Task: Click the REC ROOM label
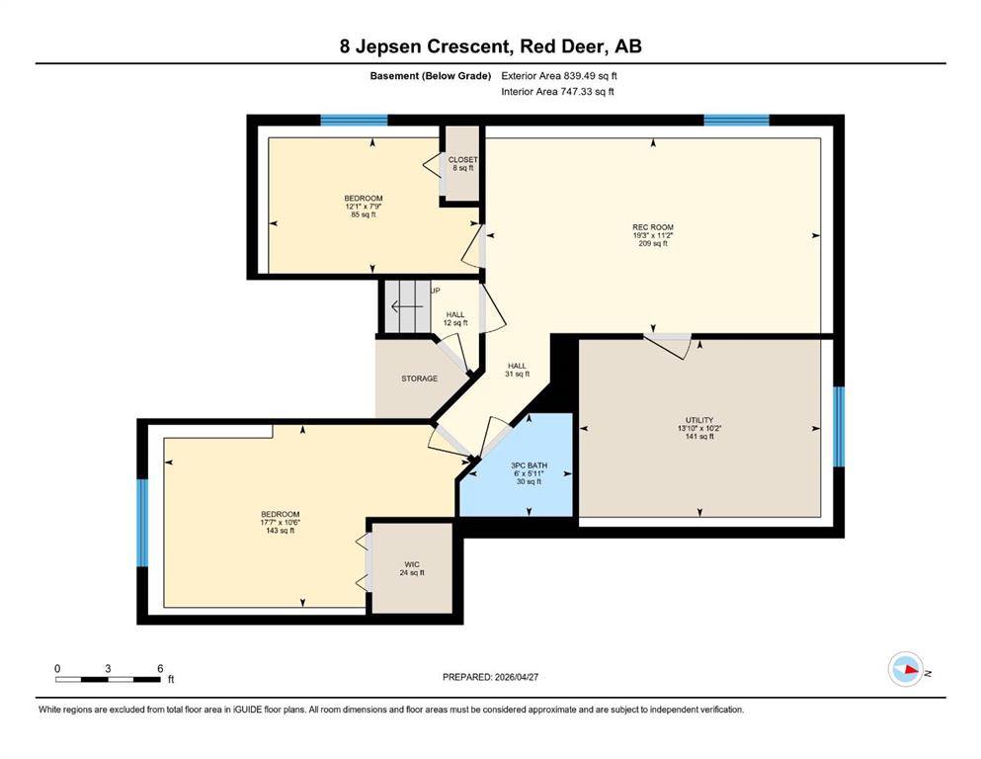[653, 227]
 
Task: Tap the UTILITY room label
[698, 420]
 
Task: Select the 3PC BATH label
[529, 465]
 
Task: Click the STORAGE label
[419, 379]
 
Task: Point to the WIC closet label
[412, 564]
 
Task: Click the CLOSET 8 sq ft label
[462, 164]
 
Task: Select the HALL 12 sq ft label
[455, 319]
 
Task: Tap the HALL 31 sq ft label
[517, 370]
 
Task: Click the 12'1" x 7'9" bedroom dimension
[363, 207]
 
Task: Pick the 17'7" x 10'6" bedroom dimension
[280, 523]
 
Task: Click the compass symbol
[905, 669]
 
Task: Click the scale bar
[108, 679]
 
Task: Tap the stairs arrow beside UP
[407, 306]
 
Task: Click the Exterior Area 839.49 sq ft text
[559, 76]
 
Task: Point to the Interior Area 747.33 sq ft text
[557, 91]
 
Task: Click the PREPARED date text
[490, 677]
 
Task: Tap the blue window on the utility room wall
[839, 427]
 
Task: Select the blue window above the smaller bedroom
[354, 121]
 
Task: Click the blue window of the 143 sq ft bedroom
[142, 523]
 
